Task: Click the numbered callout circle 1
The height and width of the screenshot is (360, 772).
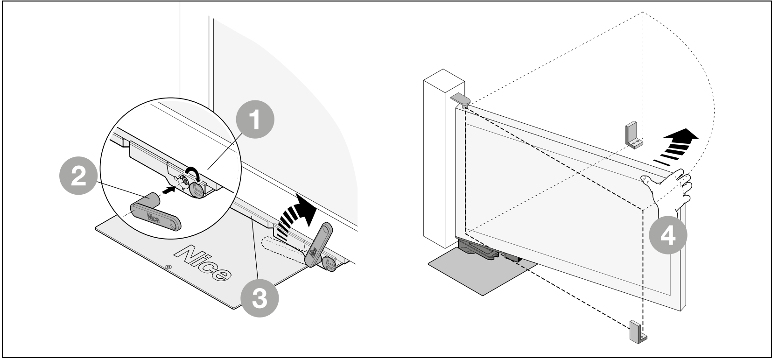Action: (x=255, y=120)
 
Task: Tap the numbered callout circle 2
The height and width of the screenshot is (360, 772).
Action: (x=79, y=176)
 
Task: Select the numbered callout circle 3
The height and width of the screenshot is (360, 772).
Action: (x=260, y=297)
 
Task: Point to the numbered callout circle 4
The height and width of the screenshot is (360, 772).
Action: (x=668, y=235)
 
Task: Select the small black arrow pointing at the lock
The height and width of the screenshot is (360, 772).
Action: (x=168, y=190)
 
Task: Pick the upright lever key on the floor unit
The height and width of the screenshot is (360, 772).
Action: (x=318, y=245)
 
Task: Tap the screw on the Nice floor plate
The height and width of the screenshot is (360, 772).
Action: (x=168, y=267)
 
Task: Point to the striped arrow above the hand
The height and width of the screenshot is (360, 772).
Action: (x=675, y=147)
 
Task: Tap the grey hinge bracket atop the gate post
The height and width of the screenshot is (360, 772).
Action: (x=460, y=99)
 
